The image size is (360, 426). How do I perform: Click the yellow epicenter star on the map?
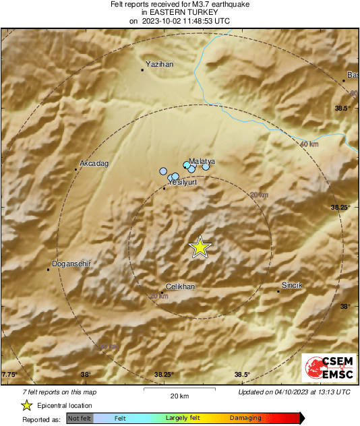tap(200, 247)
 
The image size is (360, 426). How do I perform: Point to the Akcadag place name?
tap(94, 163)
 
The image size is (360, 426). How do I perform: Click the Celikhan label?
tap(180, 286)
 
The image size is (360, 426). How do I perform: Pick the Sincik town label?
tap(292, 285)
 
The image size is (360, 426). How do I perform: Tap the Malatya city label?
tap(202, 162)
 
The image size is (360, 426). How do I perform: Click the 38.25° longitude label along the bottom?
tap(164, 375)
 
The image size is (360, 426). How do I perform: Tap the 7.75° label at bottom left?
tap(9, 375)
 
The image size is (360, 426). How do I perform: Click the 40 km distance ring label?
tap(309, 144)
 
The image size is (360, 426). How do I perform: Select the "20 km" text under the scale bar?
tap(179, 395)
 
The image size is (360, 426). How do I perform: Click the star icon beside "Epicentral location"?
tap(26, 405)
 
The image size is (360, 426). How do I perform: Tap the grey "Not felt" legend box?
tap(80, 419)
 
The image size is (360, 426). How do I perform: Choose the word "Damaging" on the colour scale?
tap(245, 419)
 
